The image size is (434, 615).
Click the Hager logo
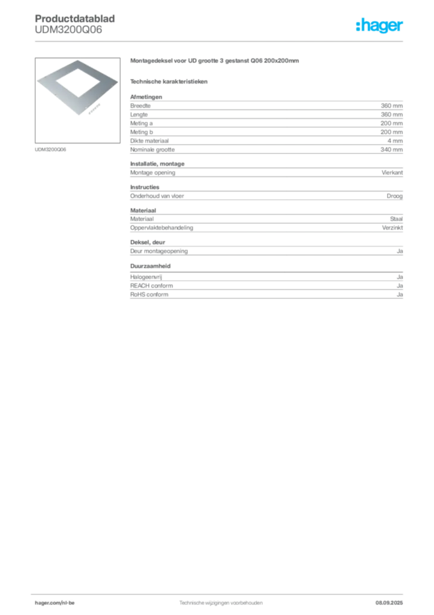coord(379,26)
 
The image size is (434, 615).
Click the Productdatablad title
coord(75,19)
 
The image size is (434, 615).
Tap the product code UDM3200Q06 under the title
coord(68,29)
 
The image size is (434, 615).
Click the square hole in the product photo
coord(78,83)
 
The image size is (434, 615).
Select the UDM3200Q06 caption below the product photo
coord(50,150)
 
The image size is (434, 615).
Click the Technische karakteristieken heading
coord(168,82)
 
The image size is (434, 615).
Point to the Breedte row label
coord(140,106)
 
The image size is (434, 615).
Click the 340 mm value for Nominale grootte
coord(391,150)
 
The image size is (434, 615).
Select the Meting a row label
coord(141,123)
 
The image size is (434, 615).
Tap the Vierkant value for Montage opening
coord(392,172)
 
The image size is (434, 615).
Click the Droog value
coord(394,196)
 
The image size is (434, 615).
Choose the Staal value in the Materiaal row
coord(396,219)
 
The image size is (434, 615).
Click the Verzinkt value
coord(392,228)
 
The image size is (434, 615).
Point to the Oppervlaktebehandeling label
coord(162,228)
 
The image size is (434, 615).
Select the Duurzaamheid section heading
coord(150,266)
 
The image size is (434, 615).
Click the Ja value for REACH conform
coord(400,286)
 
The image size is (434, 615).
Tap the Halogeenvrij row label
coord(146,277)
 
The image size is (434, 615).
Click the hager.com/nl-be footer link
coord(55,603)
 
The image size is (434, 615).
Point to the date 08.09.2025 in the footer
coord(389,603)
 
